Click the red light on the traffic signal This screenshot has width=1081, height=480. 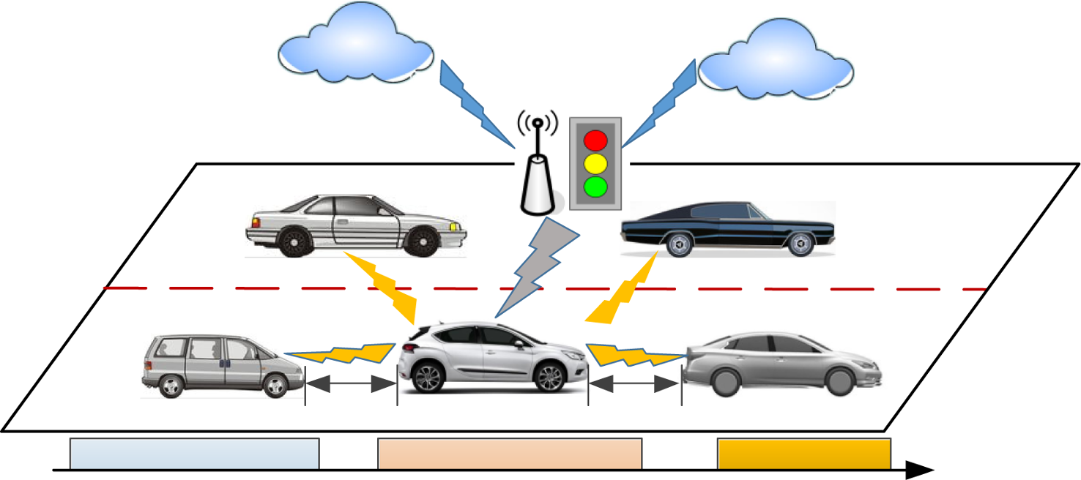tap(595, 139)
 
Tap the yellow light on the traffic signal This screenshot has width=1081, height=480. tap(595, 162)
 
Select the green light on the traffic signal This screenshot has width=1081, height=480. tap(595, 186)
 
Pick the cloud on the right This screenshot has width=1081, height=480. tap(776, 62)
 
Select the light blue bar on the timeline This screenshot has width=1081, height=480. tap(194, 454)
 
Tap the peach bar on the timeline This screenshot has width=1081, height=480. tap(510, 454)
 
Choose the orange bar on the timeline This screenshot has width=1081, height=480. tap(803, 454)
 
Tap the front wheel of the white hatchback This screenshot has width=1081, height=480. tap(548, 377)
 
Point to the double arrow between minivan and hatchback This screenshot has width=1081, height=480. tap(351, 383)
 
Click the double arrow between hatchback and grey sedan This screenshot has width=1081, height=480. tap(634, 383)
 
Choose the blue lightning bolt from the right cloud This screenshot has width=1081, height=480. tap(658, 102)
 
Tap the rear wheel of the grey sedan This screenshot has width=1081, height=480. tap(727, 381)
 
